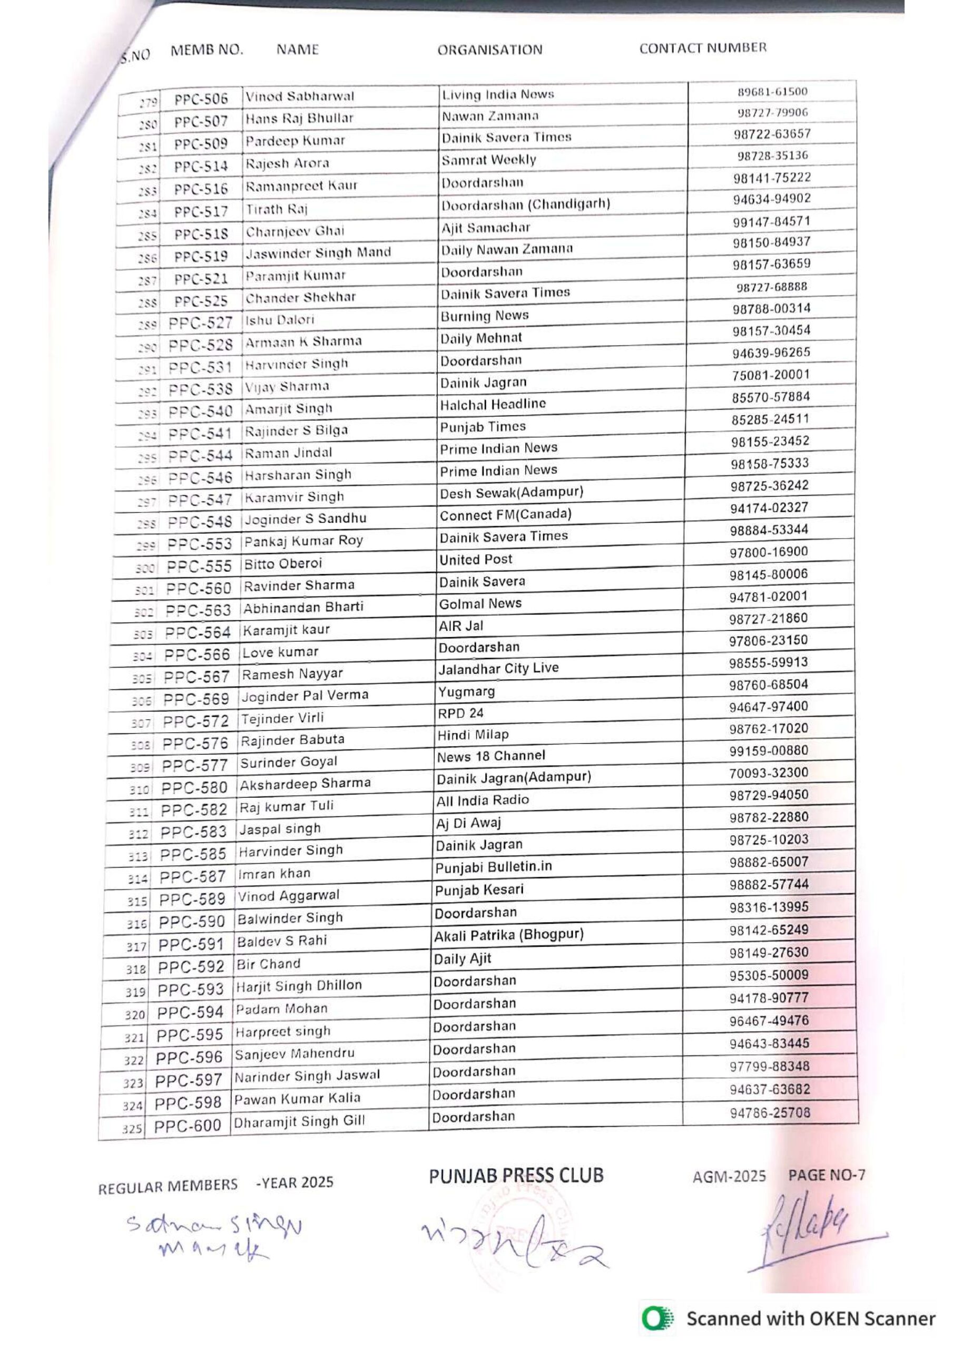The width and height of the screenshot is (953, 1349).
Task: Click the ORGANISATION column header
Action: point(489,50)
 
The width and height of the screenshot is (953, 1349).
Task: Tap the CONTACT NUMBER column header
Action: point(703,48)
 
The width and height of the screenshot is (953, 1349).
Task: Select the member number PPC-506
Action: point(200,99)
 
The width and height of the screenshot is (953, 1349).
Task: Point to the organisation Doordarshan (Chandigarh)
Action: point(526,204)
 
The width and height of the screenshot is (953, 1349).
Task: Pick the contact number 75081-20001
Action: point(770,375)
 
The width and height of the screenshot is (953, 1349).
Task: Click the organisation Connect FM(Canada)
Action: point(505,515)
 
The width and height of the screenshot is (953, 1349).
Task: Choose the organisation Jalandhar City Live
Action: point(498,669)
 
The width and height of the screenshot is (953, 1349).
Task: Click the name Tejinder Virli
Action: point(282,718)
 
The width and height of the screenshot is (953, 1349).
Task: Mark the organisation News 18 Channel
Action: point(490,756)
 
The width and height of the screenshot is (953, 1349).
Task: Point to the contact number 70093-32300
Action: point(769,773)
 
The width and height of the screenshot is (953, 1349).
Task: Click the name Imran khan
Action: point(274,874)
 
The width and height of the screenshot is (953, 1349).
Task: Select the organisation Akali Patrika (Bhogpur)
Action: point(508,935)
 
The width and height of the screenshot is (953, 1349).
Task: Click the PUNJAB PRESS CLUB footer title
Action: point(516,1176)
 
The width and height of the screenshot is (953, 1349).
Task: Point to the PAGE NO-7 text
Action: point(826,1175)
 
